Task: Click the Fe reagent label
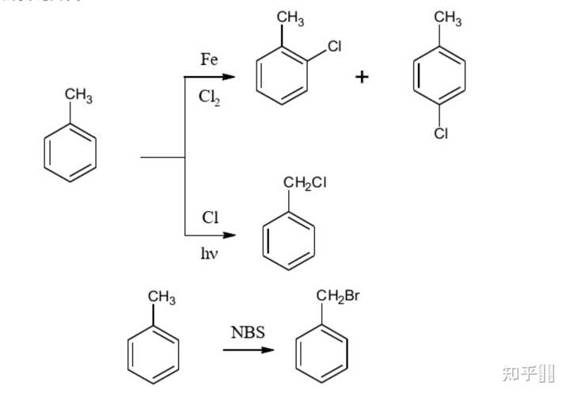click(209, 59)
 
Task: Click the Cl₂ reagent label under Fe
click(209, 97)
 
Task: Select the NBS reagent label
click(248, 332)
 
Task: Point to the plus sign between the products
click(362, 77)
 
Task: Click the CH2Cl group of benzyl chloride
click(304, 184)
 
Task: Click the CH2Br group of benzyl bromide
click(338, 297)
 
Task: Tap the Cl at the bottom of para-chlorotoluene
click(441, 134)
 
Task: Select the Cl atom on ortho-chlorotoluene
click(334, 47)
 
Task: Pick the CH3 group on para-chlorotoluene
click(447, 18)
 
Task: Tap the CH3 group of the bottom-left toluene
click(161, 298)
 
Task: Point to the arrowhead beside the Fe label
click(230, 77)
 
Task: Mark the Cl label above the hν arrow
click(210, 218)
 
